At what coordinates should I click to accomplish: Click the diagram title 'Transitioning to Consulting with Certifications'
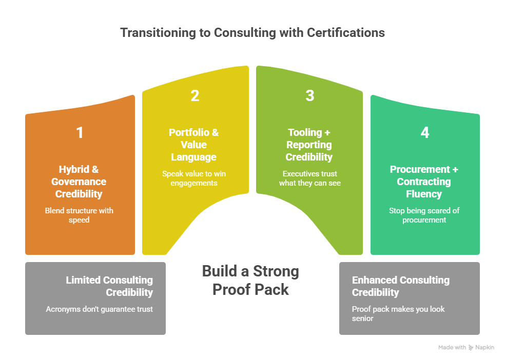coord(252,32)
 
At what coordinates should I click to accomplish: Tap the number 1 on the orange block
coord(80,133)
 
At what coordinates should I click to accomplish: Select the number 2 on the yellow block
coord(195,96)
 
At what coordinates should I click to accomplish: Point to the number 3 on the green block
coord(309,96)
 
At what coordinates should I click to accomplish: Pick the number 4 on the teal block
coord(424,133)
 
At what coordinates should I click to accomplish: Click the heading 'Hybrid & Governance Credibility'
coord(80,182)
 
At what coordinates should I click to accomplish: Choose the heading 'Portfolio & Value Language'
coord(194,145)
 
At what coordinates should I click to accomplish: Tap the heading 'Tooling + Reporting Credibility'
coord(309,145)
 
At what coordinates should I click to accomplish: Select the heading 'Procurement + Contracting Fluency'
coord(424,182)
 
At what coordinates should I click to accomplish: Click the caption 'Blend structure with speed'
coord(80,215)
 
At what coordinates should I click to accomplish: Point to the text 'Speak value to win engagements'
coord(194,178)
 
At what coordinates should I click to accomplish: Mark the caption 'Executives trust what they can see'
coord(309,178)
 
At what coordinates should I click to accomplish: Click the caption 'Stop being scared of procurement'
coord(424,215)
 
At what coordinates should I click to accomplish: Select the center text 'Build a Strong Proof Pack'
coord(251,280)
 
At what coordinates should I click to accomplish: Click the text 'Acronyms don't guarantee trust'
coord(99,309)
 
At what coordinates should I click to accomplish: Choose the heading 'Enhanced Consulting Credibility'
coord(400,286)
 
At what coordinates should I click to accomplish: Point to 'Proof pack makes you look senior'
coord(398,314)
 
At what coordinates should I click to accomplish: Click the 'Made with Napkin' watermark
coord(466,348)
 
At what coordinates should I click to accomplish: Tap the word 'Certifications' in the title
coord(346,32)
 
